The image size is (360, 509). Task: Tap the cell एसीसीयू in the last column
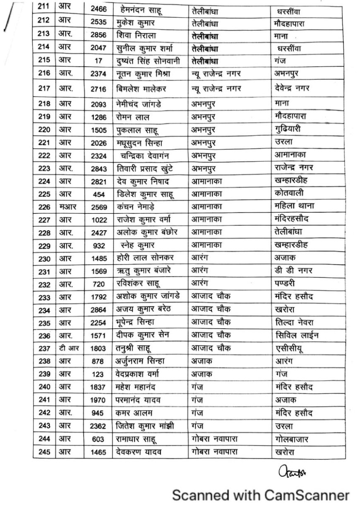click(289, 349)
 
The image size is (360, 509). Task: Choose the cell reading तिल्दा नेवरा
click(296, 323)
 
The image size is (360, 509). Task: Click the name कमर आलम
click(135, 413)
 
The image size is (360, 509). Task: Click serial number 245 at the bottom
click(44, 452)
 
